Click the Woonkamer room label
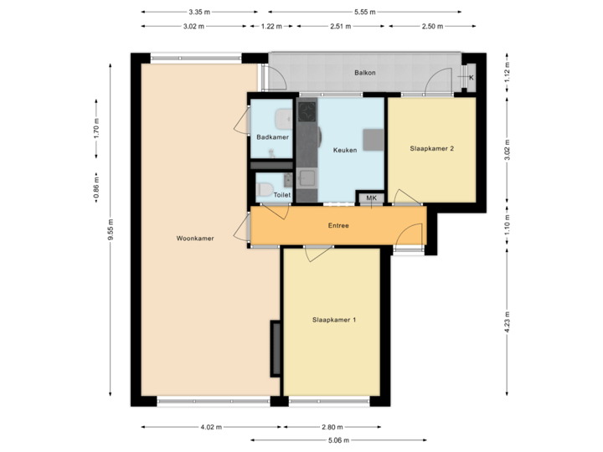point(195,239)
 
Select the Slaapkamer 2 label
point(431,149)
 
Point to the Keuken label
point(344,151)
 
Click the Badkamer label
point(272,137)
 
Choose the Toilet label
point(281,194)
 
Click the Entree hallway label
point(338,225)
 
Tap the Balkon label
point(364,73)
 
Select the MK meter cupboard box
point(370,198)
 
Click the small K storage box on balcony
point(470,78)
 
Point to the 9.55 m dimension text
point(109,238)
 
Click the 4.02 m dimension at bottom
point(210,427)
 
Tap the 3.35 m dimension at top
point(199,12)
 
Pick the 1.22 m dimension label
point(270,26)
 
